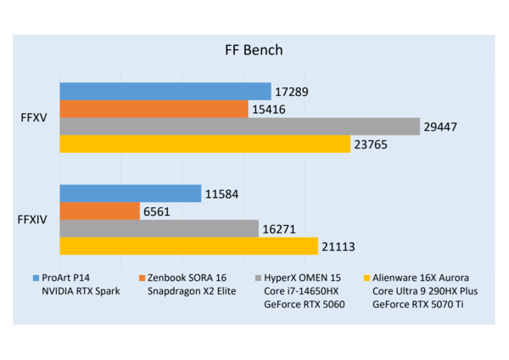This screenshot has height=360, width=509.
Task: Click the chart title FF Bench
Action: point(254,50)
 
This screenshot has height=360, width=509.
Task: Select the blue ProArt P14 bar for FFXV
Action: point(165,92)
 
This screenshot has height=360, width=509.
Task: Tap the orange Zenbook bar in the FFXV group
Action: point(154,109)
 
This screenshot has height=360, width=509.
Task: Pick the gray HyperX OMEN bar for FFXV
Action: point(239,127)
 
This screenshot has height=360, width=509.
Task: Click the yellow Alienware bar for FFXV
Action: point(204,144)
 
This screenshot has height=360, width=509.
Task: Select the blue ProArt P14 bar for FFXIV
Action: point(131,194)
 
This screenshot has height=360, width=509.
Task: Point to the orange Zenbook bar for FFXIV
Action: point(99,211)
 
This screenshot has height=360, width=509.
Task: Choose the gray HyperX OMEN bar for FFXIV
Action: point(159,228)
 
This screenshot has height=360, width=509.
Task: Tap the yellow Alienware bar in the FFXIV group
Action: point(188,246)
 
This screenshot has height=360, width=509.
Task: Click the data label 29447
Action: point(440,127)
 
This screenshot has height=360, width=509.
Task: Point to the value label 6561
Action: point(156,212)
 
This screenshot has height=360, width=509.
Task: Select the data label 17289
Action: point(292,92)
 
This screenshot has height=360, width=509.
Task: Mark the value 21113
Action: point(338,247)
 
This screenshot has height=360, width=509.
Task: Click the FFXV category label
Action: point(34,118)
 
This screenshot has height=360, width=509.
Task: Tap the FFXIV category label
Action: point(32,220)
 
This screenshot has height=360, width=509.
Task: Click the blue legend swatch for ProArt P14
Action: point(36,278)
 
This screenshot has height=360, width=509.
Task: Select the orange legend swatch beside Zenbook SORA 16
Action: point(142,278)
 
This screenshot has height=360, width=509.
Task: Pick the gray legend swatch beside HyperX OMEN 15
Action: point(259,278)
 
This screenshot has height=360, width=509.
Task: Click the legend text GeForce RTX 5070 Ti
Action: point(417,305)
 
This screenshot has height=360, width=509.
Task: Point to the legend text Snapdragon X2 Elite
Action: point(192,291)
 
